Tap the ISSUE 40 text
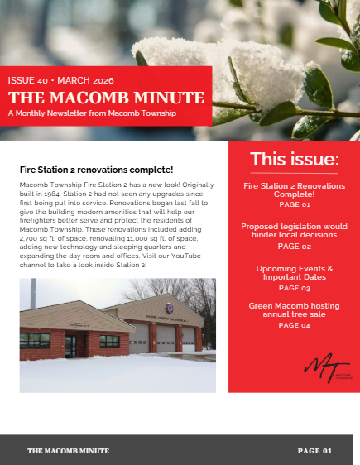28,81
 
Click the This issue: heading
295,159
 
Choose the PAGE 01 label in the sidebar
295,204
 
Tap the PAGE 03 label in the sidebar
295,288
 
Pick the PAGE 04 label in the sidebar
295,326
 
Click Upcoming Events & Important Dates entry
295,273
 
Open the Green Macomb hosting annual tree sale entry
295,311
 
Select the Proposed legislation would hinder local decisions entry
295,230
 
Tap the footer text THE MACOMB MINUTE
68,451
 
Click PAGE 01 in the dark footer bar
314,451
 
